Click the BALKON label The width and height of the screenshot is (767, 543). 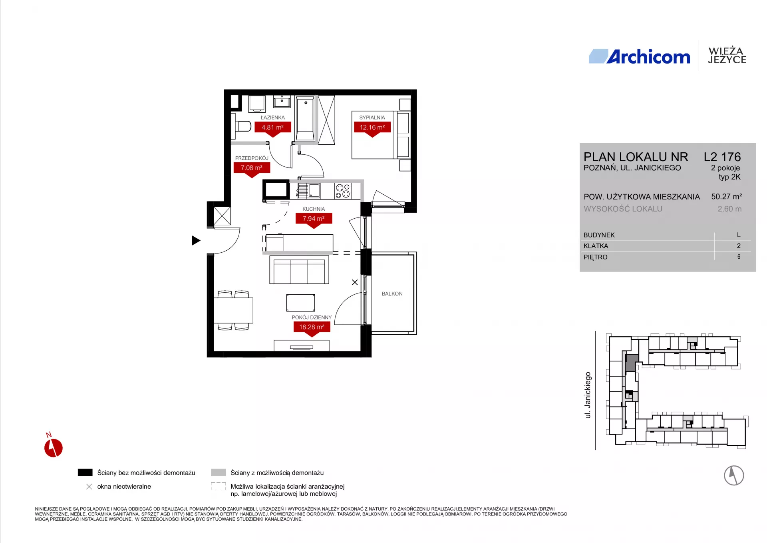pyautogui.click(x=392, y=293)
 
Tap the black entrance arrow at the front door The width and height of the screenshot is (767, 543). pyautogui.click(x=196, y=240)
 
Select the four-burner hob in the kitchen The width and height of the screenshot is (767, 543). pyautogui.click(x=343, y=191)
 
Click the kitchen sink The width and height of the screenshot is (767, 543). pyautogui.click(x=308, y=191)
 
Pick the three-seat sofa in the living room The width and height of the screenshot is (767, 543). pyautogui.click(x=299, y=270)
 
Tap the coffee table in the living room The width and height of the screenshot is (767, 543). pyautogui.click(x=300, y=303)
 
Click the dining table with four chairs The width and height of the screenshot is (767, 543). pyautogui.click(x=233, y=310)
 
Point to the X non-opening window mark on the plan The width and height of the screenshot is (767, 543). pyautogui.click(x=355, y=282)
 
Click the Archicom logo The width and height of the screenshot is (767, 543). pyautogui.click(x=640, y=57)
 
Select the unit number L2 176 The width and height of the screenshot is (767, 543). pyautogui.click(x=722, y=157)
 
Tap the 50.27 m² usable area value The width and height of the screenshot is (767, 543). pyautogui.click(x=727, y=197)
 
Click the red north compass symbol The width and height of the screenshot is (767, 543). pyautogui.click(x=53, y=446)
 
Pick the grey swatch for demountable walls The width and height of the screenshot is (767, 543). pyautogui.click(x=219, y=472)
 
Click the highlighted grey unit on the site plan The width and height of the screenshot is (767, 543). pyautogui.click(x=632, y=363)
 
